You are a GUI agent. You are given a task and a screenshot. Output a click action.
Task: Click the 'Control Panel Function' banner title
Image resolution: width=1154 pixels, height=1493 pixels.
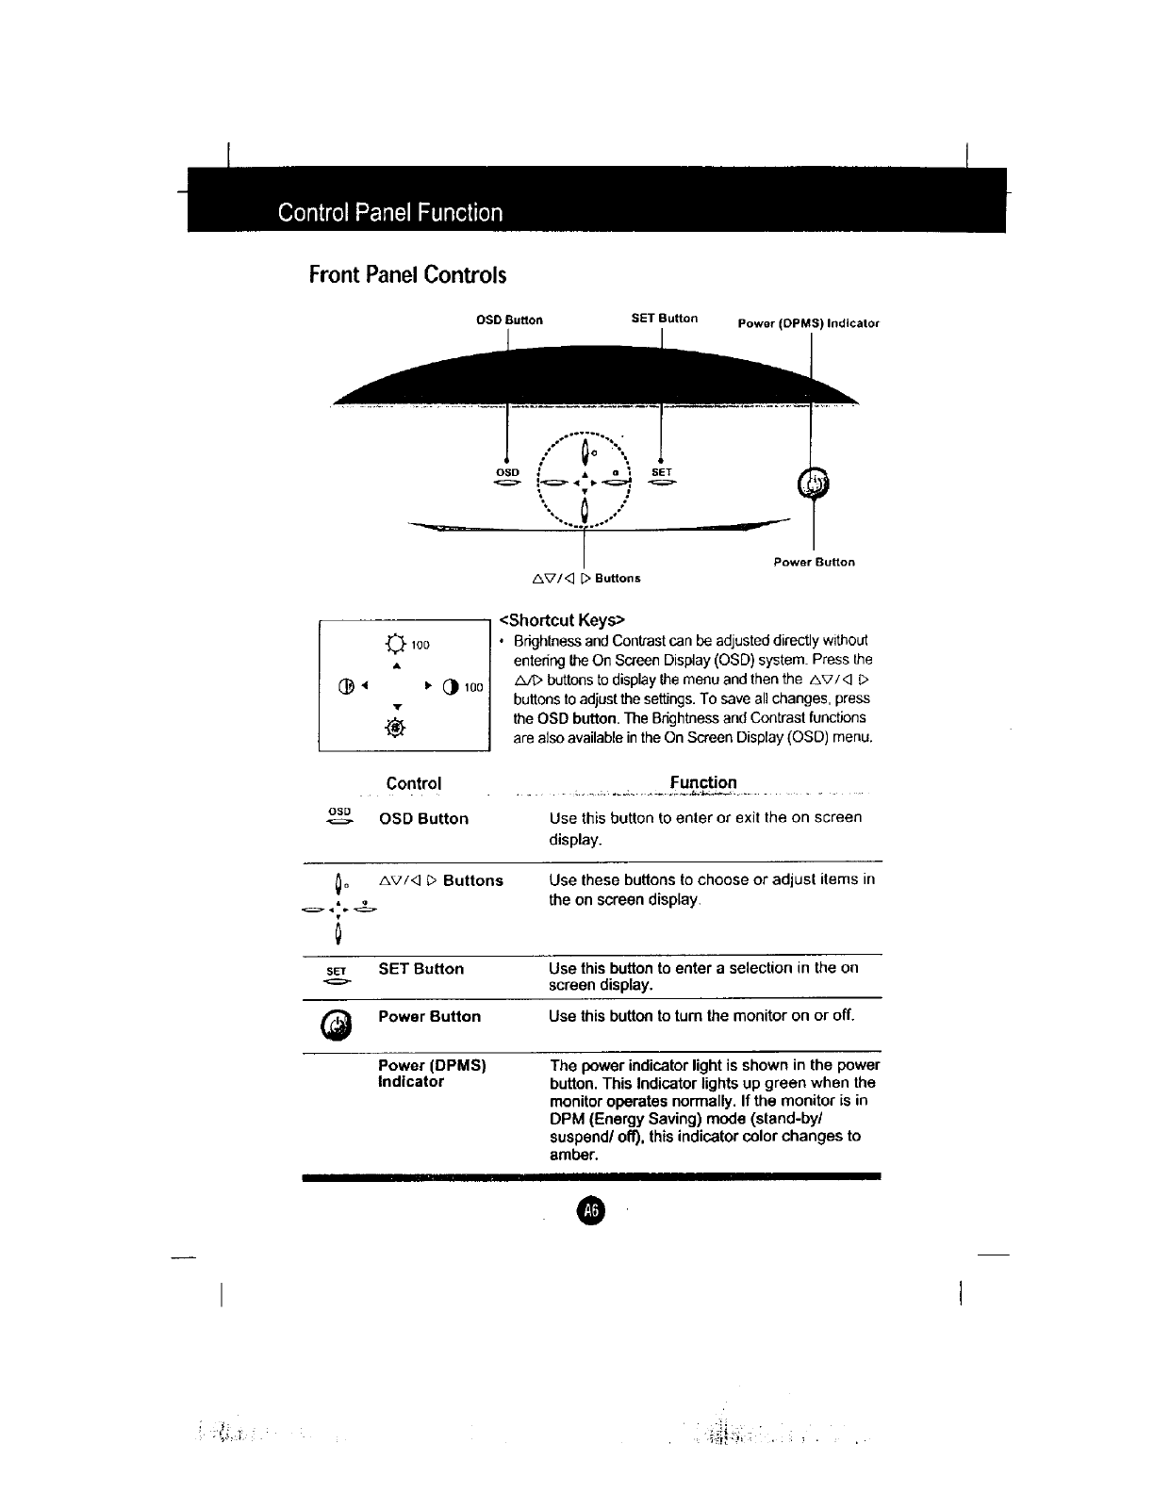[390, 212]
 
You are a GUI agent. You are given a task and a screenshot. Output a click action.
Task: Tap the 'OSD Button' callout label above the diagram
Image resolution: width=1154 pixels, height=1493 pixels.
[509, 320]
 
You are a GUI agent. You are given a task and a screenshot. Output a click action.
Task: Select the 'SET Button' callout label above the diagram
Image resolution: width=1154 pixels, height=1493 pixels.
[665, 319]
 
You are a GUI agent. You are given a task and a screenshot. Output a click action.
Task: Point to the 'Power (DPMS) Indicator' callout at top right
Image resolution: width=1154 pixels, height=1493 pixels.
[809, 323]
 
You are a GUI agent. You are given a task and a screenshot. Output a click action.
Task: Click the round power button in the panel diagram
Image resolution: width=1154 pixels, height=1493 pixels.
[813, 484]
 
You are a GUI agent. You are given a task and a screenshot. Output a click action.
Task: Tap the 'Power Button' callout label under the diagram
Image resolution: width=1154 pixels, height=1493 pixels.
[814, 563]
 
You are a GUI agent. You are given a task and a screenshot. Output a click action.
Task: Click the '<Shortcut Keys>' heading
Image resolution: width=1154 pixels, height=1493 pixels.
[562, 620]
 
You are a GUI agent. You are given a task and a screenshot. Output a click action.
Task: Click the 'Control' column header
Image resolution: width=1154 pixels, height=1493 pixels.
[414, 783]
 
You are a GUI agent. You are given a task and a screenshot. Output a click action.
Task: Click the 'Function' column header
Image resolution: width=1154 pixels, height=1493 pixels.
[703, 782]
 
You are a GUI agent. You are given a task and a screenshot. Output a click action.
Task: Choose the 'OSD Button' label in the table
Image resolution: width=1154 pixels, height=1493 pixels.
[423, 819]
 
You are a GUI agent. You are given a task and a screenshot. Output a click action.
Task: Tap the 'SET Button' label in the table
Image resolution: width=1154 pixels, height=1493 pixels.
[420, 969]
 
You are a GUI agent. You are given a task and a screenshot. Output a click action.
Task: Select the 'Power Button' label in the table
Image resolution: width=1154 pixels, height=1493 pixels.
[429, 1017]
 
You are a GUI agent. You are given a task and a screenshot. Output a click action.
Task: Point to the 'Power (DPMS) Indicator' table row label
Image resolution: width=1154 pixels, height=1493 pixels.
[431, 1074]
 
